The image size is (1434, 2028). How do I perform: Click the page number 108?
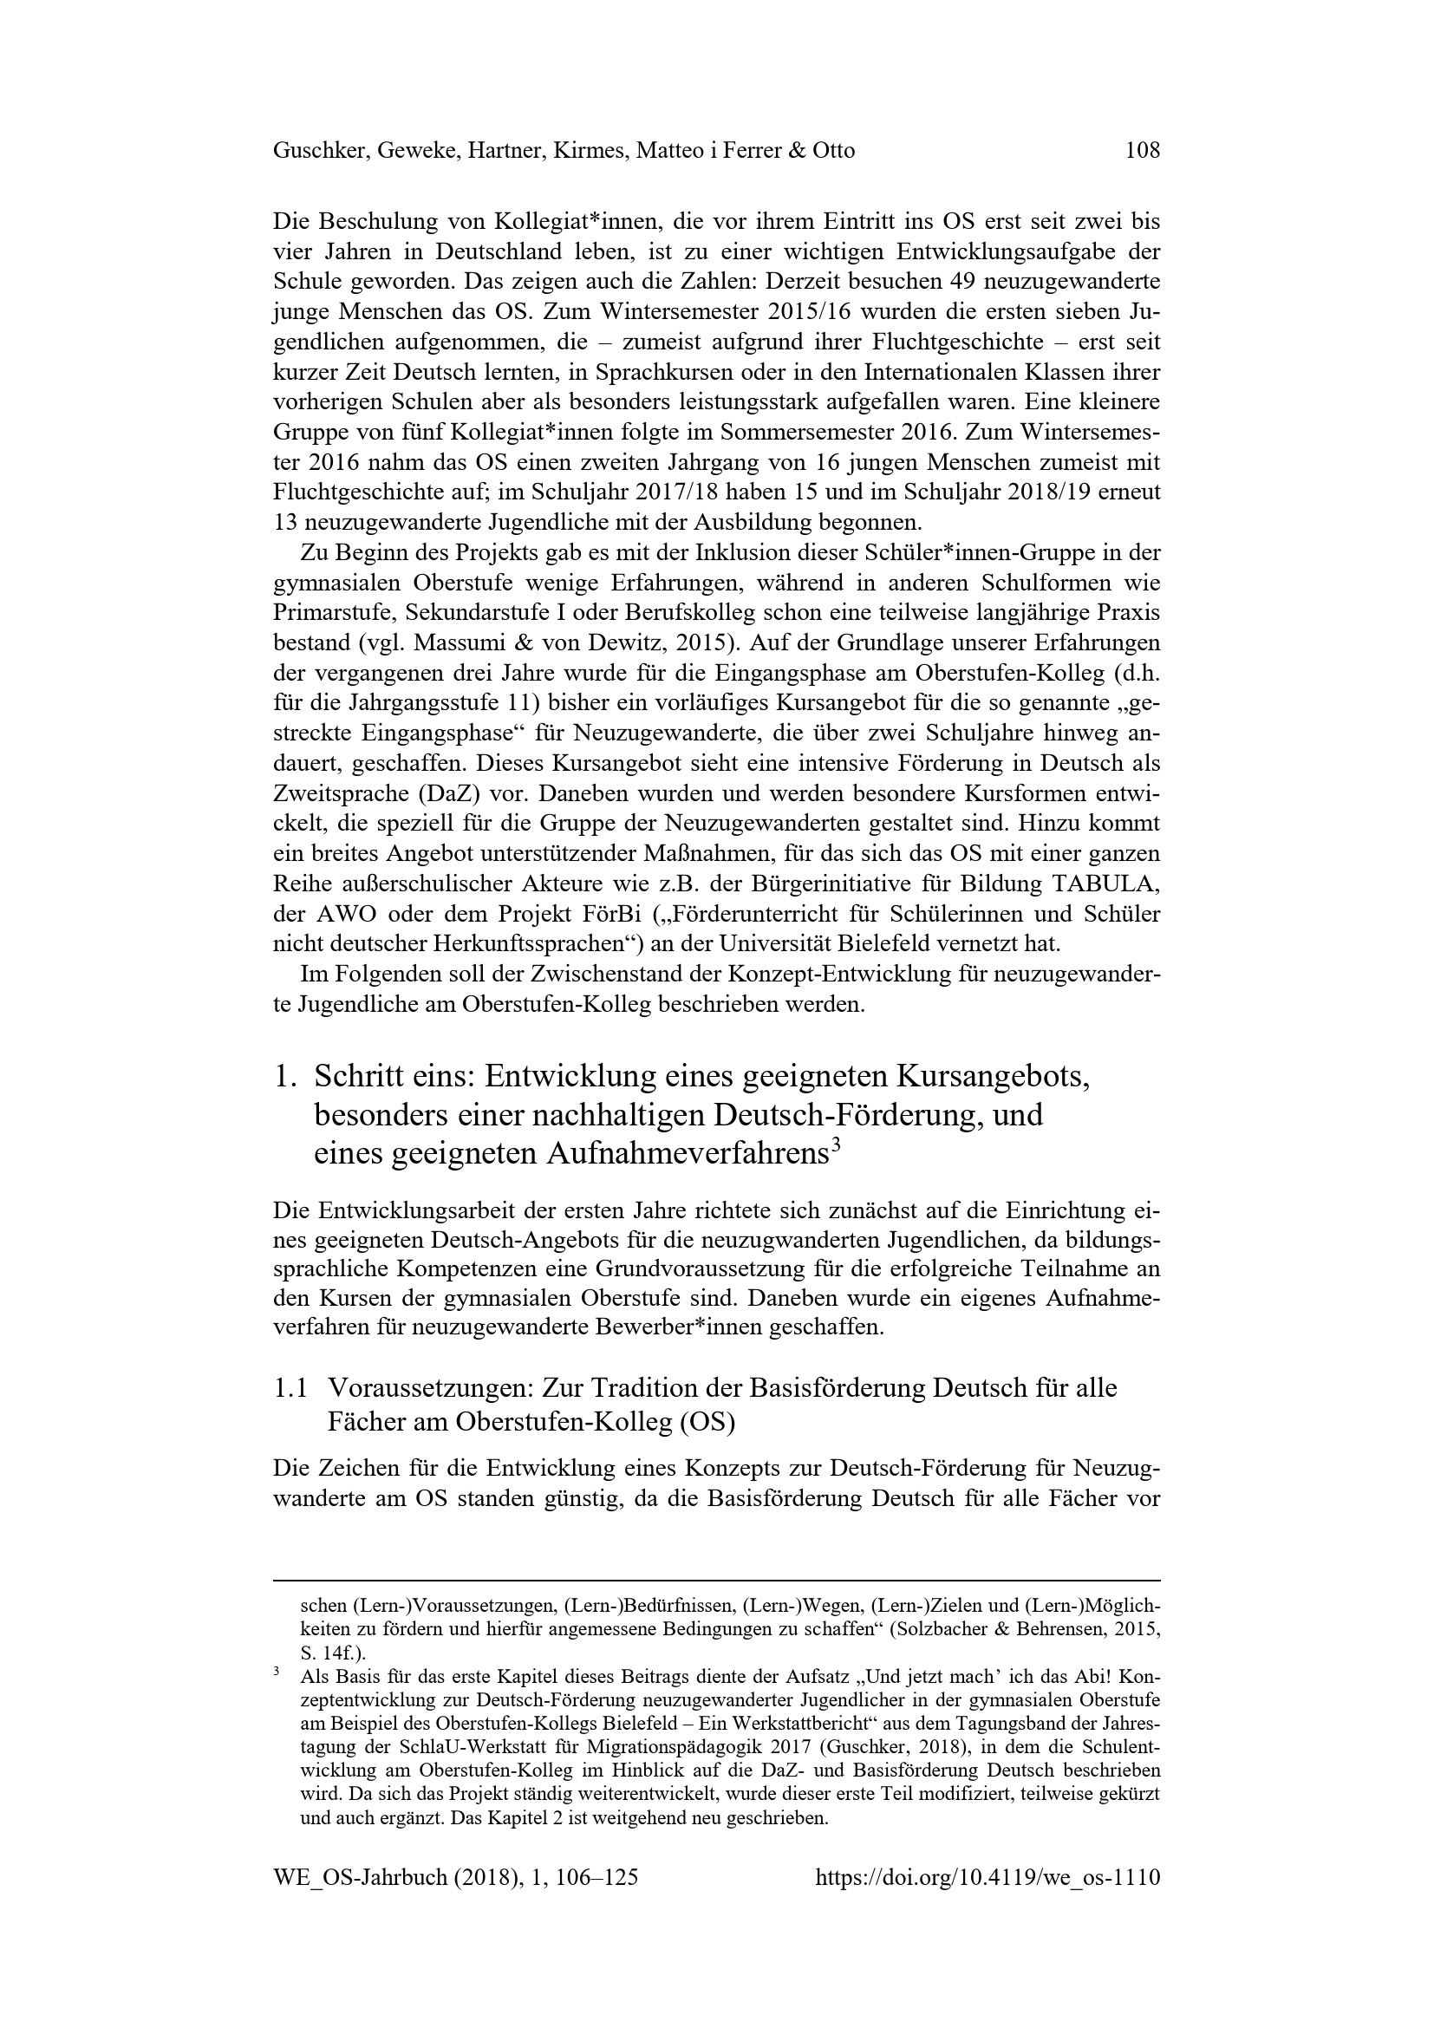pos(1143,151)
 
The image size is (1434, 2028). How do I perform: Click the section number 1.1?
pos(290,1388)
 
